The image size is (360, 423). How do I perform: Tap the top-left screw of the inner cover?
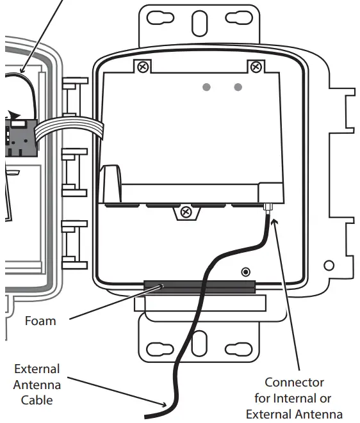pos(143,66)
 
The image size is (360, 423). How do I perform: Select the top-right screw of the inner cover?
pos(256,66)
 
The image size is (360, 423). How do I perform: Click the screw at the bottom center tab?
pos(186,212)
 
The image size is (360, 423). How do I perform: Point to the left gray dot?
pos(207,87)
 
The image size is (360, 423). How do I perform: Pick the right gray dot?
pos(238,87)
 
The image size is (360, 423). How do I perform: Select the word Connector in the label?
pos(294,383)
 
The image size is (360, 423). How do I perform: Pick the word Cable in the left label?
pos(37,400)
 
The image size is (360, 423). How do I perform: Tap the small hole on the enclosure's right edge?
pos(329,265)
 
